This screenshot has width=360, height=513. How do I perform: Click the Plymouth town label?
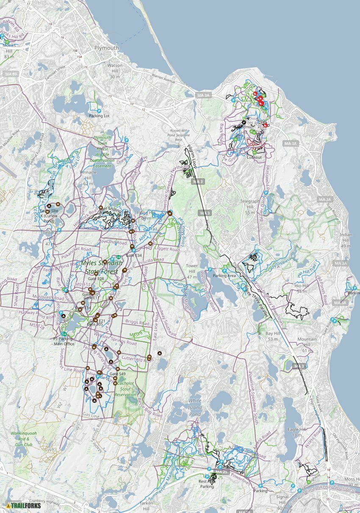pyautogui.click(x=107, y=48)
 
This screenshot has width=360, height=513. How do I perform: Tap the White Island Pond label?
pyautogui.click(x=195, y=407)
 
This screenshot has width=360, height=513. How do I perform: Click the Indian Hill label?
pyautogui.click(x=346, y=240)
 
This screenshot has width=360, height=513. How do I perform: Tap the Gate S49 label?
pyautogui.click(x=117, y=374)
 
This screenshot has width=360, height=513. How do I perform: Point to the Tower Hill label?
pyautogui.click(x=192, y=271)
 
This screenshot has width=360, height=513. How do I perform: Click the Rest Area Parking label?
pyautogui.click(x=207, y=484)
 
